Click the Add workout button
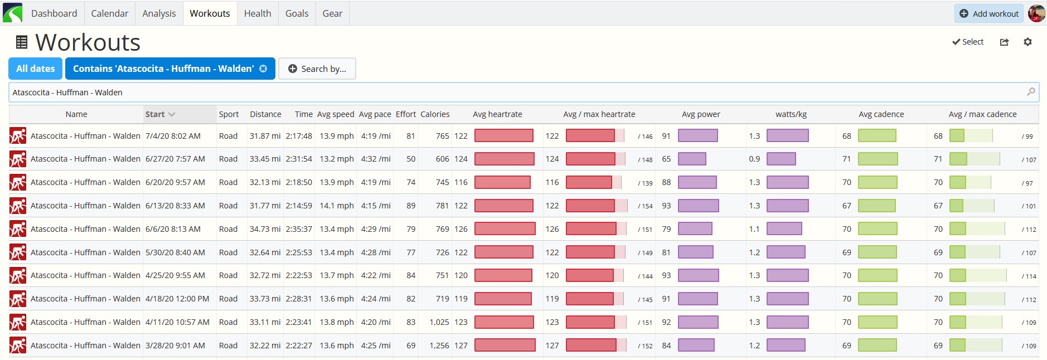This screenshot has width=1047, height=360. point(988,13)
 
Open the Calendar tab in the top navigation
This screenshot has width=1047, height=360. point(109,13)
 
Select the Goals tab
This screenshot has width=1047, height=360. point(297,13)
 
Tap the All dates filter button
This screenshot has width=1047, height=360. point(36,69)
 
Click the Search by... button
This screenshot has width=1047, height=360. point(317,69)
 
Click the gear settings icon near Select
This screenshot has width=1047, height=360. point(1027,42)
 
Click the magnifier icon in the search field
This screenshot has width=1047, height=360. point(1031,92)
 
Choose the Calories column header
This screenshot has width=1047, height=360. point(435,114)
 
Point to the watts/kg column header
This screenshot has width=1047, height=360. point(791,114)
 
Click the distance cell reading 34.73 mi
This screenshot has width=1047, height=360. point(265,229)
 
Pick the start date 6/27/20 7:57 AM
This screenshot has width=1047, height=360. point(175,159)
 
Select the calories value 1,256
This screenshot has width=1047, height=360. point(439,346)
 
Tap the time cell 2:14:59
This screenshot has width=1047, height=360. point(299,206)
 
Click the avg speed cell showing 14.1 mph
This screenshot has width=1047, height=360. point(337,206)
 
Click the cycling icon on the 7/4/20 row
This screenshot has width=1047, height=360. point(18,136)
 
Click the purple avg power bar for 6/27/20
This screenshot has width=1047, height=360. point(692,159)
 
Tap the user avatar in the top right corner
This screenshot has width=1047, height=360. point(1036,13)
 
